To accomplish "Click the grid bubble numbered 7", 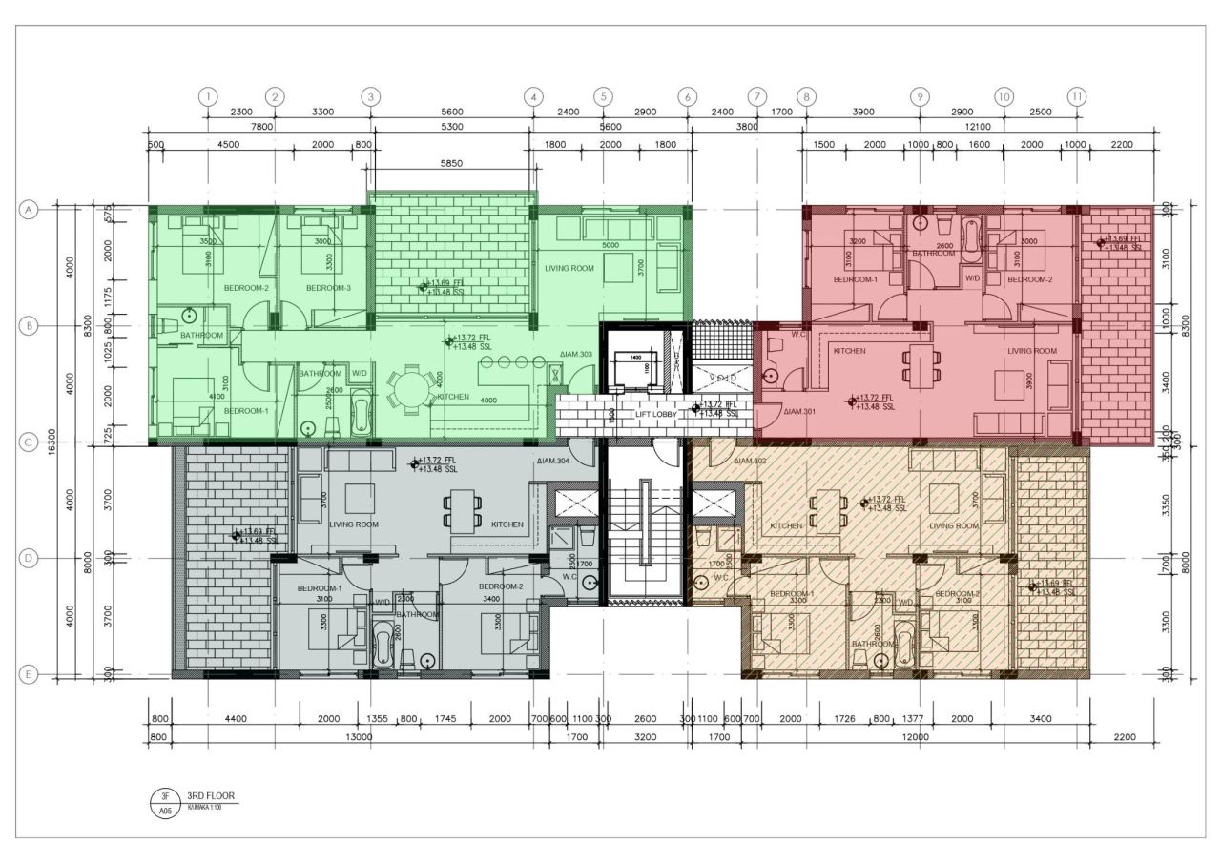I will (756, 96).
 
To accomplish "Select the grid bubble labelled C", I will (29, 442).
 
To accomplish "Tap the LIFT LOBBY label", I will (661, 415).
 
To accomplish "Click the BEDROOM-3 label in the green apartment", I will (328, 288).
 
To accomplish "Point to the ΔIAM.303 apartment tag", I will (577, 355).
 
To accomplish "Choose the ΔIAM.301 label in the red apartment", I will (799, 412).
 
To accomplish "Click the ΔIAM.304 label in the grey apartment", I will (552, 462).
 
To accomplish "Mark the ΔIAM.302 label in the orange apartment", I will (751, 462).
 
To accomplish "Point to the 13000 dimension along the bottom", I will (359, 737).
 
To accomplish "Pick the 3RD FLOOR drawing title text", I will (210, 795).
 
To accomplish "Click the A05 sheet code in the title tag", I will (164, 811).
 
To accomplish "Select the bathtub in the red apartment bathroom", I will (971, 240).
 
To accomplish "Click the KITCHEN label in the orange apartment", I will (786, 525).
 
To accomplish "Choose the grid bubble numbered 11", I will (1077, 96).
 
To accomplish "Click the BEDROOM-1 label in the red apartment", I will (855, 279).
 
